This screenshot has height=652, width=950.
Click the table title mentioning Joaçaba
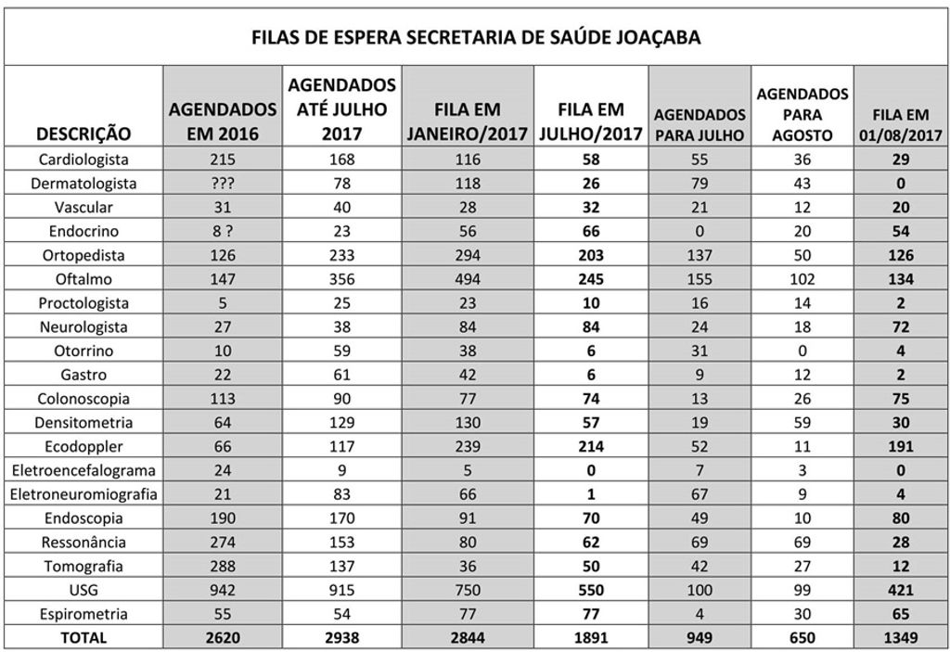click(476, 38)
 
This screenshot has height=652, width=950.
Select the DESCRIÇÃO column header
click(84, 133)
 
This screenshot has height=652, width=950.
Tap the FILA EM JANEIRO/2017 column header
click(468, 121)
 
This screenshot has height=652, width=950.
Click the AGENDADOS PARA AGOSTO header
click(802, 114)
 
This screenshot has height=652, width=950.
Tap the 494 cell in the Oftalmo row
click(468, 279)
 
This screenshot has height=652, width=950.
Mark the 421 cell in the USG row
click(900, 590)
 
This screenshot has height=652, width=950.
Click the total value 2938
click(342, 638)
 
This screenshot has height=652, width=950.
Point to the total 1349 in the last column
click(900, 638)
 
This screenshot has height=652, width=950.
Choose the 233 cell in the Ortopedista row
click(342, 255)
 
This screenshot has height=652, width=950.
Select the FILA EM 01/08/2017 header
click(900, 124)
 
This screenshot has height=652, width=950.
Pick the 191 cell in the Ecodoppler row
click(900, 446)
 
